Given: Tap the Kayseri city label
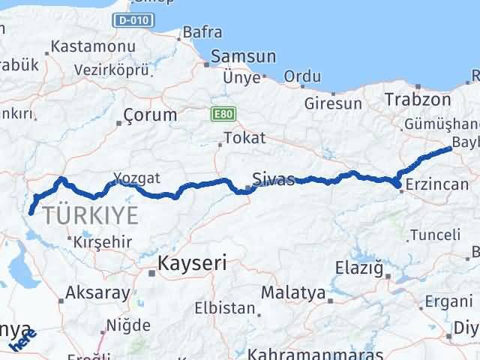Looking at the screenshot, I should (192, 264).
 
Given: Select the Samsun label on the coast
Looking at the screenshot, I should (243, 57).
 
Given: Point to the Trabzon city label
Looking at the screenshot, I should (417, 99).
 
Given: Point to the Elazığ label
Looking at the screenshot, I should (358, 268).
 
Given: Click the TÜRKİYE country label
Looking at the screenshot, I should (91, 215).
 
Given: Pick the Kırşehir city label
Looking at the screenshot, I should (103, 241).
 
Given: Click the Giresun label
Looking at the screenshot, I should (334, 104).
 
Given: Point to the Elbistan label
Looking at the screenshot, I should (225, 307).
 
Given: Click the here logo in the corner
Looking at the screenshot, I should (23, 342).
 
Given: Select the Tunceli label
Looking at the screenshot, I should (435, 235).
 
